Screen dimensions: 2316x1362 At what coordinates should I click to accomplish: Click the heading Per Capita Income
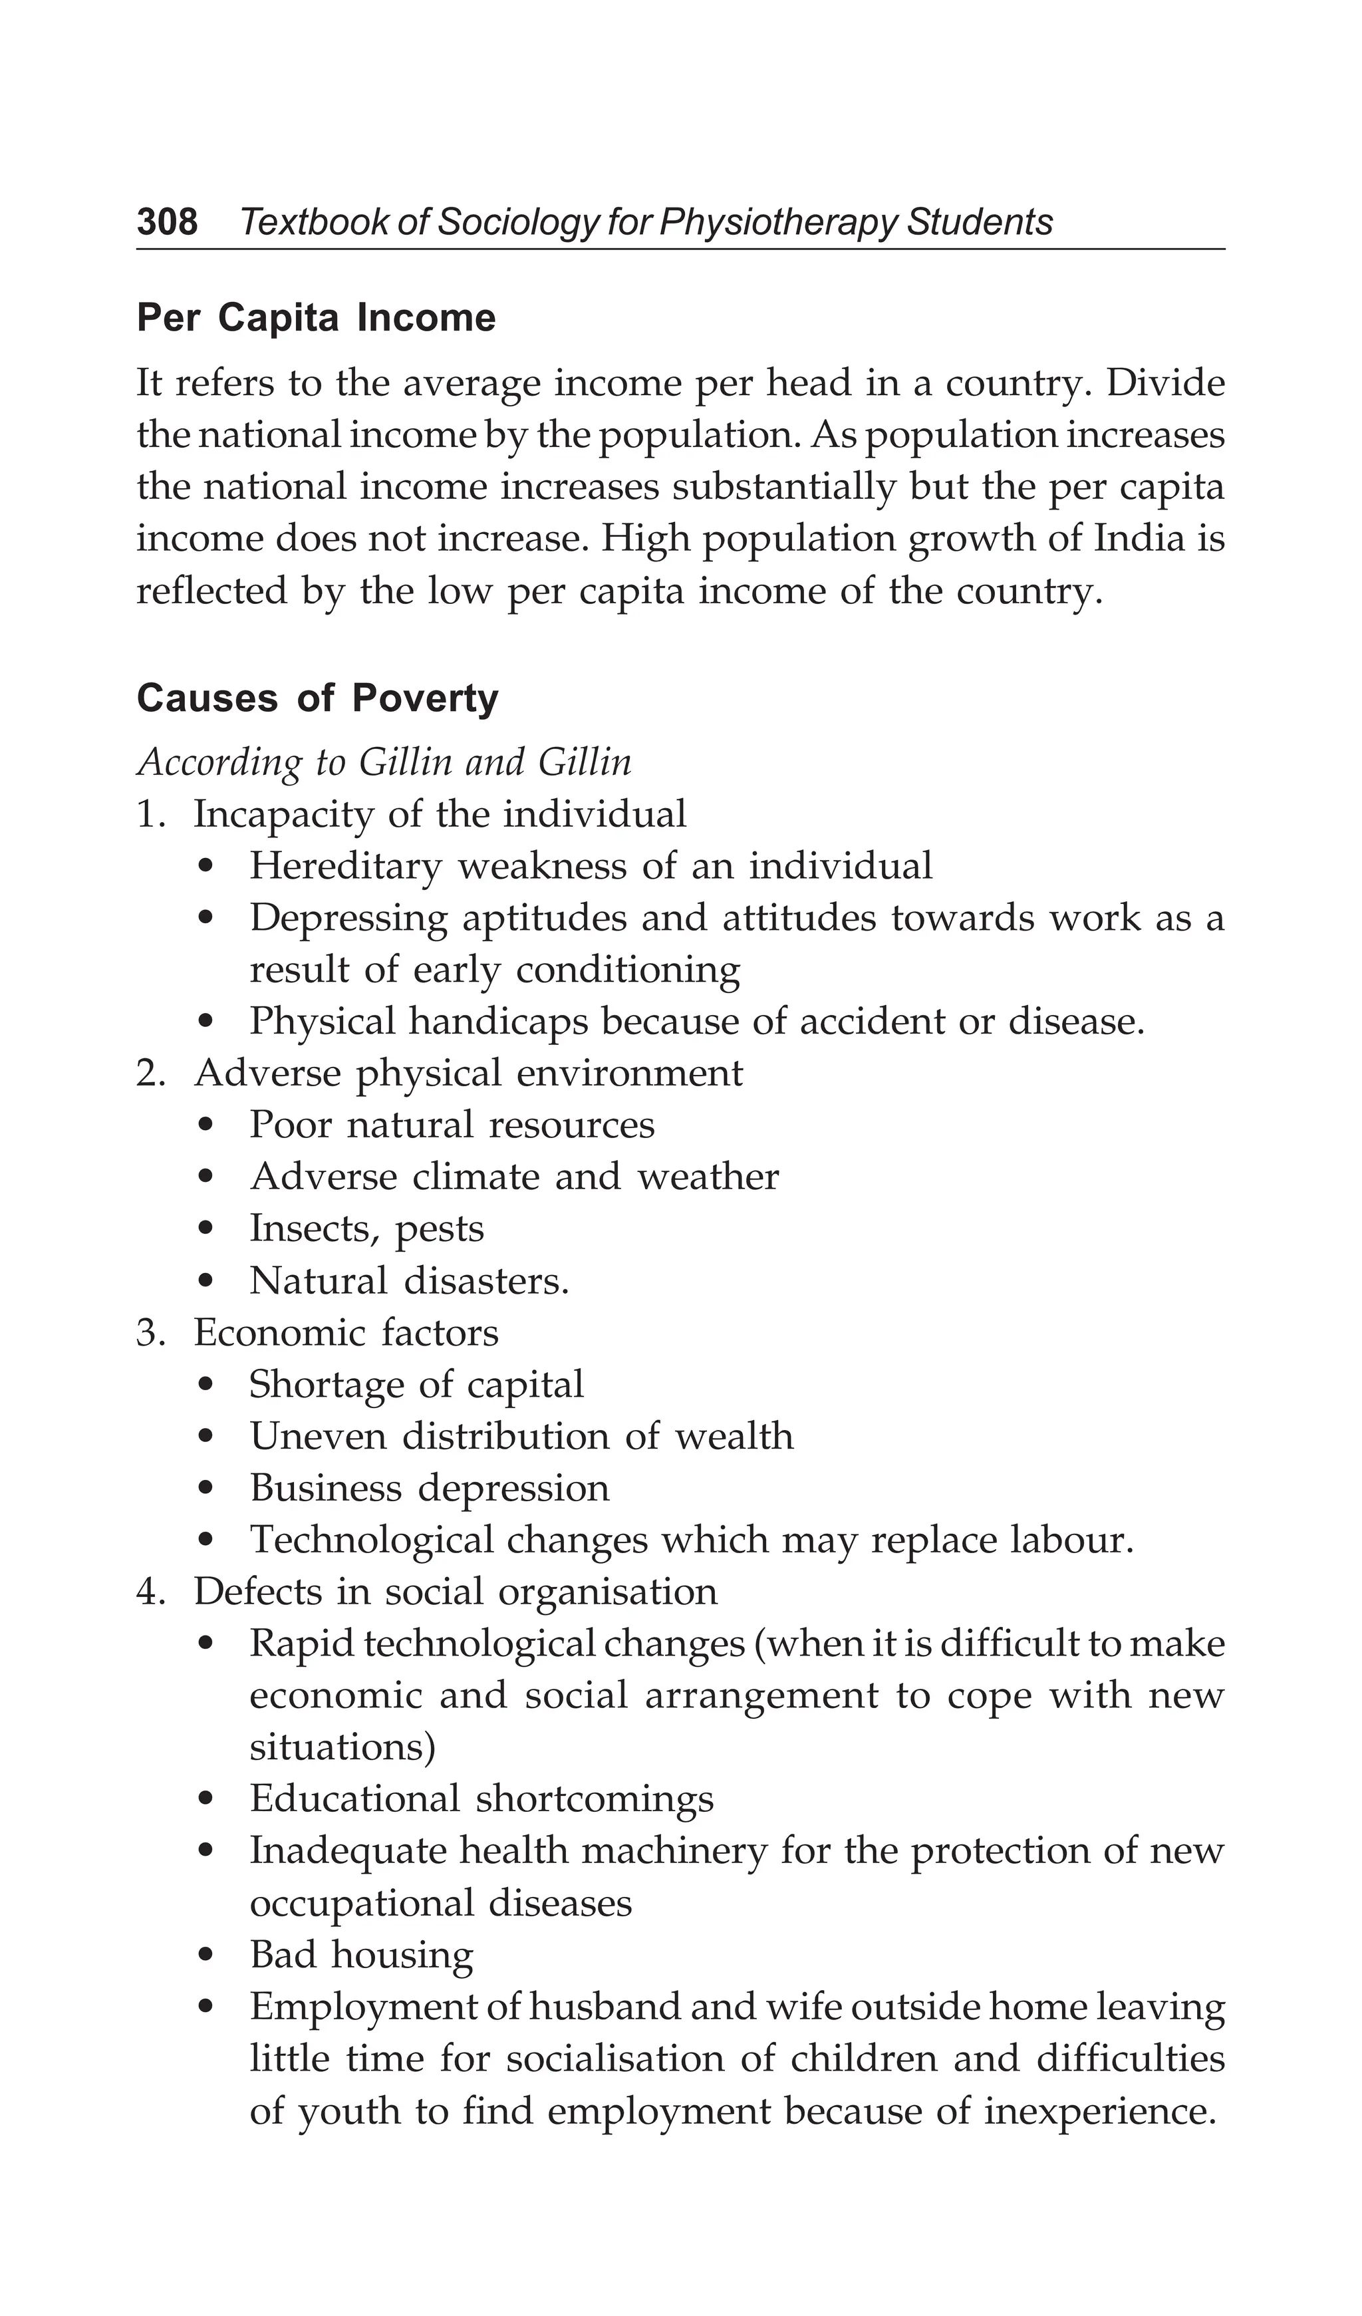click(x=316, y=318)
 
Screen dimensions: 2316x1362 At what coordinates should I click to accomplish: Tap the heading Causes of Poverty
click(x=317, y=698)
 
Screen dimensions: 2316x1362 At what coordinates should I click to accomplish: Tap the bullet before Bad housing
click(x=209, y=1955)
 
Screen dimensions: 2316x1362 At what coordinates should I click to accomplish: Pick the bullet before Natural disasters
click(x=209, y=1281)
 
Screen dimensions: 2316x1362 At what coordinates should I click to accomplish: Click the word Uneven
click(x=318, y=1437)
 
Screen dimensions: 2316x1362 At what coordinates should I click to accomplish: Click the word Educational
click(x=354, y=1799)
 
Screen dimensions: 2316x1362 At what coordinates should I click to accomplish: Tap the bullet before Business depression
click(x=209, y=1489)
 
